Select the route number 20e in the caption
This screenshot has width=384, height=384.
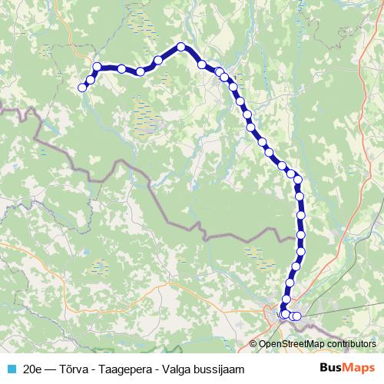pyautogui.click(x=33, y=369)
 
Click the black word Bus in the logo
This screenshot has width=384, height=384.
pyautogui.click(x=331, y=368)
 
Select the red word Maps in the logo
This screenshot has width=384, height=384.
pyautogui.click(x=359, y=368)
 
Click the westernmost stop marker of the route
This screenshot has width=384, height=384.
pyautogui.click(x=82, y=87)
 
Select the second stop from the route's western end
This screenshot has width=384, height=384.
pyautogui.click(x=91, y=79)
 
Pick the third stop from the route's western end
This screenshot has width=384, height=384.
pyautogui.click(x=98, y=67)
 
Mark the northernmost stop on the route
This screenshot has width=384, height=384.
pyautogui.click(x=181, y=47)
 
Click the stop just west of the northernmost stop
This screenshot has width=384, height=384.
pyautogui.click(x=158, y=60)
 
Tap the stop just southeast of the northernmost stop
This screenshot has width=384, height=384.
pyautogui.click(x=201, y=65)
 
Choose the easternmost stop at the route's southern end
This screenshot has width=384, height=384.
pyautogui.click(x=297, y=316)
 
